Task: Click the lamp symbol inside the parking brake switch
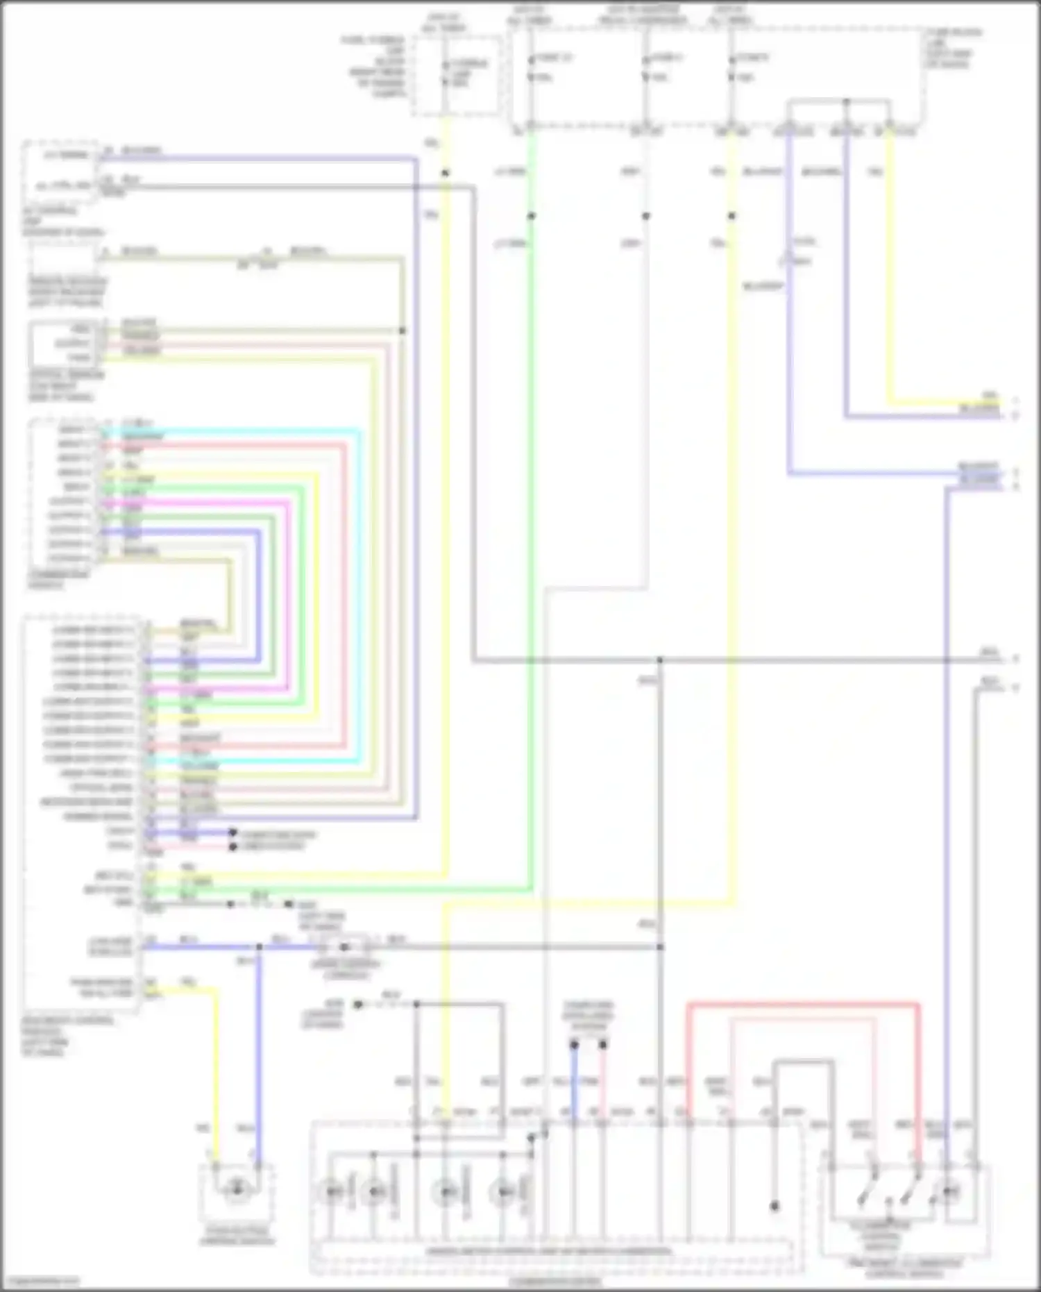[x=237, y=1190]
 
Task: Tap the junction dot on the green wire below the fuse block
[x=532, y=216]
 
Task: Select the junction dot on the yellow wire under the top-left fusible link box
[x=446, y=172]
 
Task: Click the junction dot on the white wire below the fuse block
[x=646, y=216]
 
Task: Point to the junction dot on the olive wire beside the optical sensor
[x=403, y=330]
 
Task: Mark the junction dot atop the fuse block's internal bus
[x=846, y=102]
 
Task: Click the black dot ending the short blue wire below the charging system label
[x=574, y=1044]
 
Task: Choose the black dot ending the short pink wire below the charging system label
[x=603, y=1044]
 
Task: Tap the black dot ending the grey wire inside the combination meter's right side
[x=775, y=1206]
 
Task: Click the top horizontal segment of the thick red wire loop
[x=802, y=1004]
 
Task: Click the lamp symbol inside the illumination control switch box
[x=950, y=1192]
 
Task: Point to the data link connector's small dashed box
[x=344, y=946]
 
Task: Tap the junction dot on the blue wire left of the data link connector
[x=259, y=947]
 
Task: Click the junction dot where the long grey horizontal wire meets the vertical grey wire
[x=660, y=660]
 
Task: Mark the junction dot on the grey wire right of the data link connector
[x=660, y=947]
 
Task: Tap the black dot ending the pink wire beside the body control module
[x=233, y=847]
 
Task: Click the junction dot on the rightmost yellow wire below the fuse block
[x=731, y=216]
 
